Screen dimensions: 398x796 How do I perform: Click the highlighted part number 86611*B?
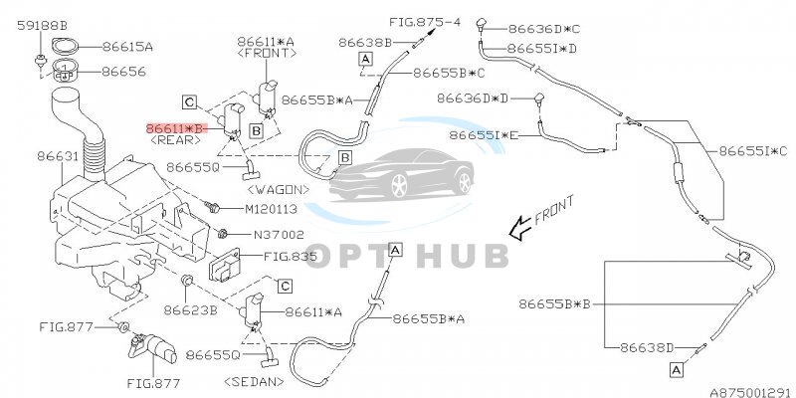pyautogui.click(x=175, y=128)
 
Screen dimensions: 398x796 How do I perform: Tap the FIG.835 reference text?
pyautogui.click(x=294, y=256)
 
